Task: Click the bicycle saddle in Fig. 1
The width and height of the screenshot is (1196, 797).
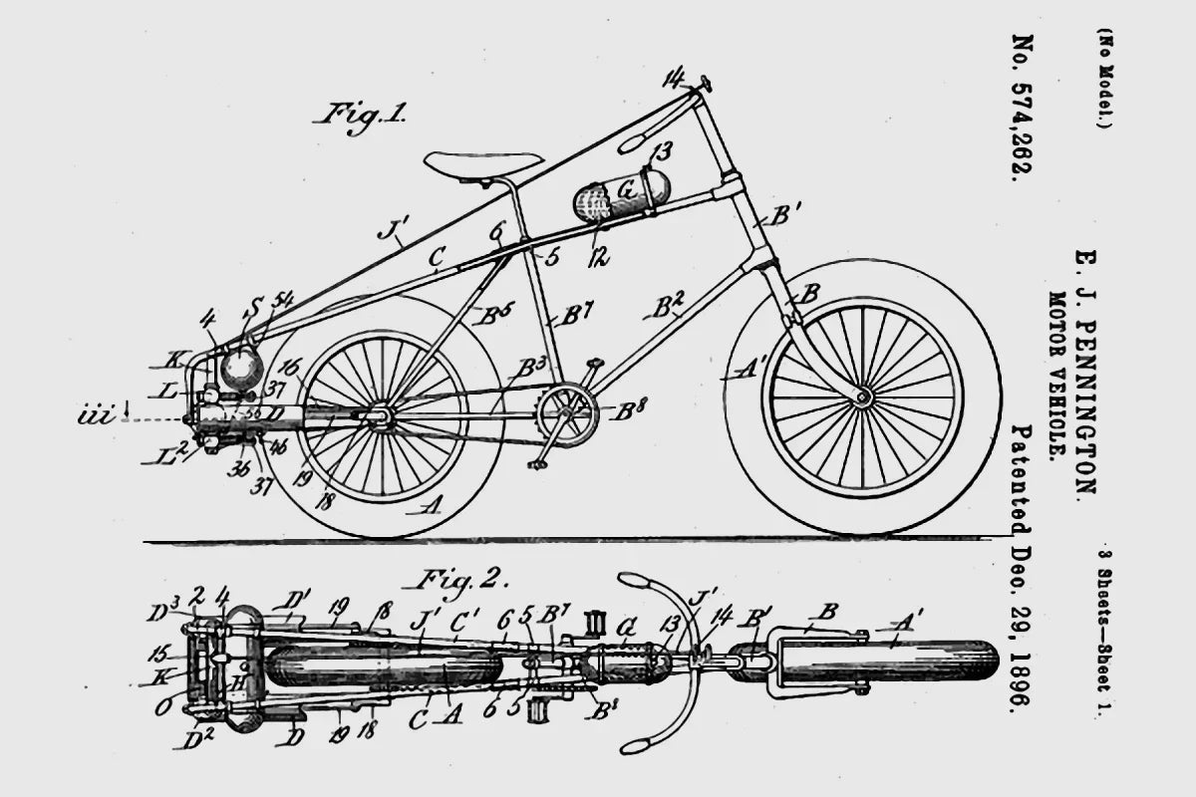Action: tap(483, 163)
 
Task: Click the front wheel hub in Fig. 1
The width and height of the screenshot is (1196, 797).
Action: tap(862, 398)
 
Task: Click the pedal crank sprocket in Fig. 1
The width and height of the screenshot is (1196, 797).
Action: tap(567, 415)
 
